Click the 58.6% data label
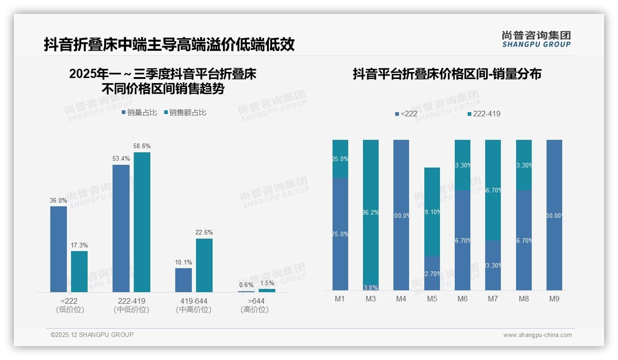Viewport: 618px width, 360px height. [142, 146]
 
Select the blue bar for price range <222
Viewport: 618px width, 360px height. [59, 249]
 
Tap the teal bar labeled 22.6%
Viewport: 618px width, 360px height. [204, 265]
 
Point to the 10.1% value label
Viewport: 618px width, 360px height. [184, 262]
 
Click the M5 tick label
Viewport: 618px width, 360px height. [432, 299]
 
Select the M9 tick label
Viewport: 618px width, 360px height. [554, 299]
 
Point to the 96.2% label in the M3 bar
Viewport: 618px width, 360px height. [371, 212]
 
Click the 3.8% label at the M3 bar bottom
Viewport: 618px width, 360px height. [371, 288]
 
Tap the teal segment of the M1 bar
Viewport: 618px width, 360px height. [340, 158]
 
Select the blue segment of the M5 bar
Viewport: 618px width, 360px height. [432, 273]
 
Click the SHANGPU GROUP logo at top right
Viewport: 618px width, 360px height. [536, 39]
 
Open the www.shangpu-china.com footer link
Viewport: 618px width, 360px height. [537, 335]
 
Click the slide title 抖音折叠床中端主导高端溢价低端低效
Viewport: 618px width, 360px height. [169, 45]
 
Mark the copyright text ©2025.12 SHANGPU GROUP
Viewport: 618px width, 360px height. [92, 335]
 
